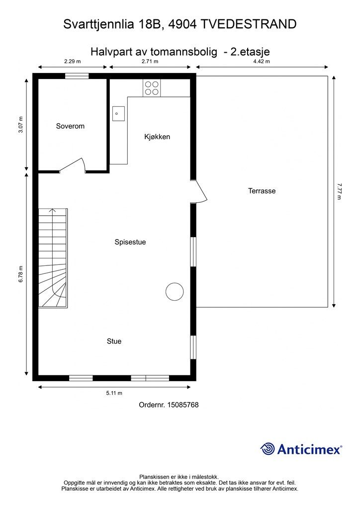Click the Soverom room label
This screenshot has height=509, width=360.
coord(70,126)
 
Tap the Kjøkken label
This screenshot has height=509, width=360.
coord(157,137)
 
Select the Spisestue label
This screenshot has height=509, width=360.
coord(130,242)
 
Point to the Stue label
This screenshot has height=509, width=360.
coord(114,341)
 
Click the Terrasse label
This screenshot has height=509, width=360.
coord(262,191)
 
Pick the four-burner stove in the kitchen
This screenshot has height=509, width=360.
coord(152,88)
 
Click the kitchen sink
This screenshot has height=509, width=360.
coord(118,114)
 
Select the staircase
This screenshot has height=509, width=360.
coord(53,258)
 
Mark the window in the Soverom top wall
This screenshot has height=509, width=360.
coord(77,76)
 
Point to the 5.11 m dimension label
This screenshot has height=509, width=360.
coord(114,393)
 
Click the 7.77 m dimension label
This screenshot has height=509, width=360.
coord(339,191)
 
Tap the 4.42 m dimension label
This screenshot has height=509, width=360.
coord(262,61)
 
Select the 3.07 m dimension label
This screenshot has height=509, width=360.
coord(21,125)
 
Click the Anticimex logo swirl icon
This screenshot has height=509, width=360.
coord(268,449)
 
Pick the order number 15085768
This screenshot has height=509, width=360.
coord(183,405)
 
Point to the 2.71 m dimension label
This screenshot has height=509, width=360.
coord(150,61)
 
